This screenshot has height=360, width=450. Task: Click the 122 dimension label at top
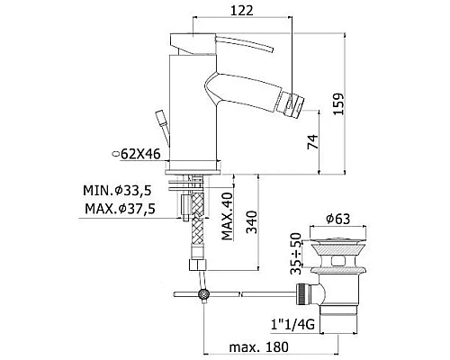tap(242, 11)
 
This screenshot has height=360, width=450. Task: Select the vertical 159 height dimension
tap(338, 103)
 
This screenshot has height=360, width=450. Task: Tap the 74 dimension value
tap(313, 141)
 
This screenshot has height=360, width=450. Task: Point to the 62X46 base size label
tap(137, 154)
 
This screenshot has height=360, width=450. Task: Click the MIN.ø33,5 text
tap(117, 191)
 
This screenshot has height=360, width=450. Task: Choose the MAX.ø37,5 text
tap(120, 209)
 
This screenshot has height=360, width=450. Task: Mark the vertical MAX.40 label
tap(228, 216)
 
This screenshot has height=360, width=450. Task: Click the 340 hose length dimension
tap(252, 222)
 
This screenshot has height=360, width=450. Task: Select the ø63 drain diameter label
tap(338, 220)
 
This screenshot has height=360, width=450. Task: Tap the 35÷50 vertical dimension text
tap(296, 254)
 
